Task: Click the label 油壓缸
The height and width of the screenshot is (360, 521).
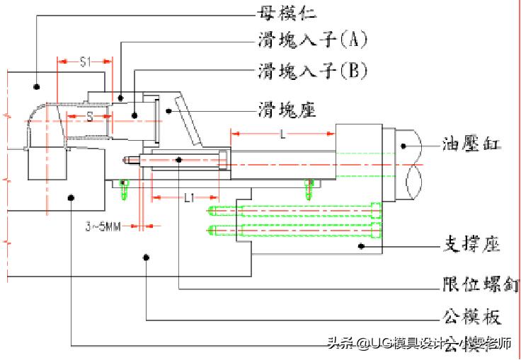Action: [x=472, y=145]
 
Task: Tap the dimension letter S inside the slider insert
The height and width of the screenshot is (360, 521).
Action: [x=90, y=117]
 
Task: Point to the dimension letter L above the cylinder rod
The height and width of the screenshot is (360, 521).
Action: [x=282, y=134]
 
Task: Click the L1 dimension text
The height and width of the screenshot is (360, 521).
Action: [x=188, y=199]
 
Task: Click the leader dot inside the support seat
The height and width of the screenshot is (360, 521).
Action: [x=360, y=245]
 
